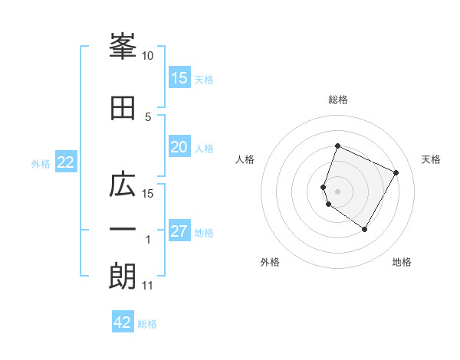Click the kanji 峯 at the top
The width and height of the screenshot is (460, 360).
click(x=123, y=47)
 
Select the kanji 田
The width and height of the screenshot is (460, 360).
click(x=123, y=108)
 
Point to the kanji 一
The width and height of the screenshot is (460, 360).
click(x=123, y=229)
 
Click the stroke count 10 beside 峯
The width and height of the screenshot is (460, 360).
click(x=148, y=56)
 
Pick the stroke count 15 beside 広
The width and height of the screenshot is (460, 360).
click(x=148, y=193)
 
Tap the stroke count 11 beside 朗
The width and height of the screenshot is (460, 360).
click(x=148, y=286)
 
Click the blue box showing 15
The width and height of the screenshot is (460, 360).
click(x=179, y=78)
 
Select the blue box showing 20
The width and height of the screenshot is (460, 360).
click(x=179, y=148)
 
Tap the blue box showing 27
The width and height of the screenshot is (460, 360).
click(x=179, y=232)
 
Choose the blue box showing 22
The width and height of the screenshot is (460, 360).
click(x=65, y=162)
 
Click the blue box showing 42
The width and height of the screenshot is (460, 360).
click(x=123, y=322)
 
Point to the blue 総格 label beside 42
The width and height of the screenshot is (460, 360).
click(x=147, y=324)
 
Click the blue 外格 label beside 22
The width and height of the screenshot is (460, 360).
click(x=41, y=163)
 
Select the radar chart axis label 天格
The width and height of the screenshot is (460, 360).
click(x=431, y=159)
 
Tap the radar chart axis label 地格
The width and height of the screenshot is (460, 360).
click(x=402, y=262)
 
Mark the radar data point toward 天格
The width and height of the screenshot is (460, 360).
click(x=396, y=173)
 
